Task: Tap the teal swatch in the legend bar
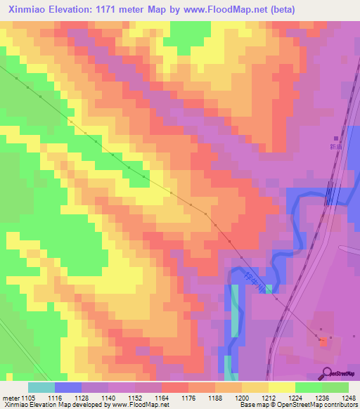[x=41, y=387]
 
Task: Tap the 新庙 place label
[x=335, y=147]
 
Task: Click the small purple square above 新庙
[x=335, y=138]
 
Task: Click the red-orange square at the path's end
[x=323, y=342]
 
